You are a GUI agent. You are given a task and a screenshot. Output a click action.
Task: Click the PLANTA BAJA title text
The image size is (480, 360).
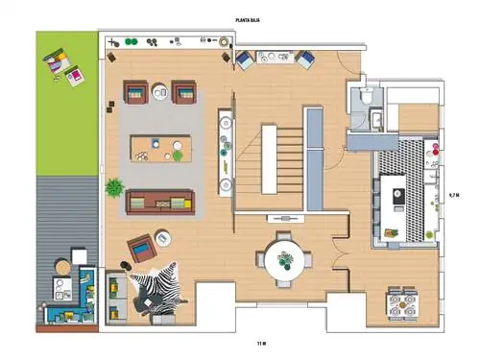[248, 20]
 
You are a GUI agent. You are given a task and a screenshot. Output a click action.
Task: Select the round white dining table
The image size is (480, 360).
[284, 260]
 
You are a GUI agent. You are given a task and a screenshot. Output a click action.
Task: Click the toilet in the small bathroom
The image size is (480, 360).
[366, 95]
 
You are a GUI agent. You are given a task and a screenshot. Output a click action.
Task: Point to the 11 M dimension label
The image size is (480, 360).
[261, 344]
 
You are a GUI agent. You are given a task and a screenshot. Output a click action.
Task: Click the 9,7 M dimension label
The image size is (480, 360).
[454, 195]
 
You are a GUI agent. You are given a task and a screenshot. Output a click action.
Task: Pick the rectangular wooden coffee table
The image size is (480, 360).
[161, 149]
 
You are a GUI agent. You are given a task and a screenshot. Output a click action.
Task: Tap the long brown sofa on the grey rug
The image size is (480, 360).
[160, 203]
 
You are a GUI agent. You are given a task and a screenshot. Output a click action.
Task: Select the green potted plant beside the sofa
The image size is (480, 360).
[114, 188]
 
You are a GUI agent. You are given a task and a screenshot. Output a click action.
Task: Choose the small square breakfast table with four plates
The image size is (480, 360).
[402, 304]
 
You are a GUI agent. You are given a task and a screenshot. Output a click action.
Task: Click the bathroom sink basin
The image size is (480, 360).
[376, 119]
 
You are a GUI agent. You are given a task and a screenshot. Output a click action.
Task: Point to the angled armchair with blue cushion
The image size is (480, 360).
[142, 248]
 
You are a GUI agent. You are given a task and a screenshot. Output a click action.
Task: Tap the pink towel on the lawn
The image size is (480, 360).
[75, 76]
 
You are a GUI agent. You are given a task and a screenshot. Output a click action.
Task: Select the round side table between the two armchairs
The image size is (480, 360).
[159, 92]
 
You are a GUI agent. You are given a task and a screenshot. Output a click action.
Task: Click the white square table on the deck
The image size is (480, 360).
[80, 256]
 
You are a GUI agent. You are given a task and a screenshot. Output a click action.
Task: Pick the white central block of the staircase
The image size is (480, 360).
[269, 159]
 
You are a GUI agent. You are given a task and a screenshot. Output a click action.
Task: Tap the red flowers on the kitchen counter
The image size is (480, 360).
[436, 149]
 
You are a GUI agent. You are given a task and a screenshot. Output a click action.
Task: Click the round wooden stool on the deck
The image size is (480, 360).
[63, 267]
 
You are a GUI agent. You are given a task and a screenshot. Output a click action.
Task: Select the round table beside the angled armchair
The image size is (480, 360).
[163, 238]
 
